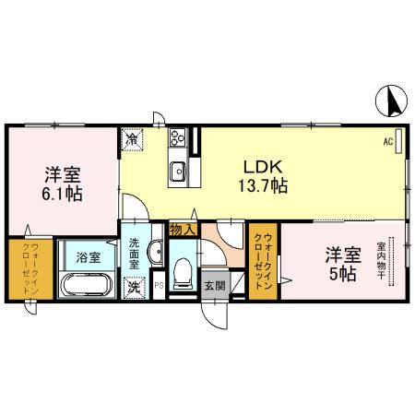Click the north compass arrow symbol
392,101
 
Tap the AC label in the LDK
388,142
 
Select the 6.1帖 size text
63,195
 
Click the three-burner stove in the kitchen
178,140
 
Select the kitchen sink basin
177,170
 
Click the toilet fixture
183,270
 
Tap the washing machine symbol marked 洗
135,287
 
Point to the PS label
158,285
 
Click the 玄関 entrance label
214,285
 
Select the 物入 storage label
181,230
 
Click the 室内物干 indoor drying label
380,262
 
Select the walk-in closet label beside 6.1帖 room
30,267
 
